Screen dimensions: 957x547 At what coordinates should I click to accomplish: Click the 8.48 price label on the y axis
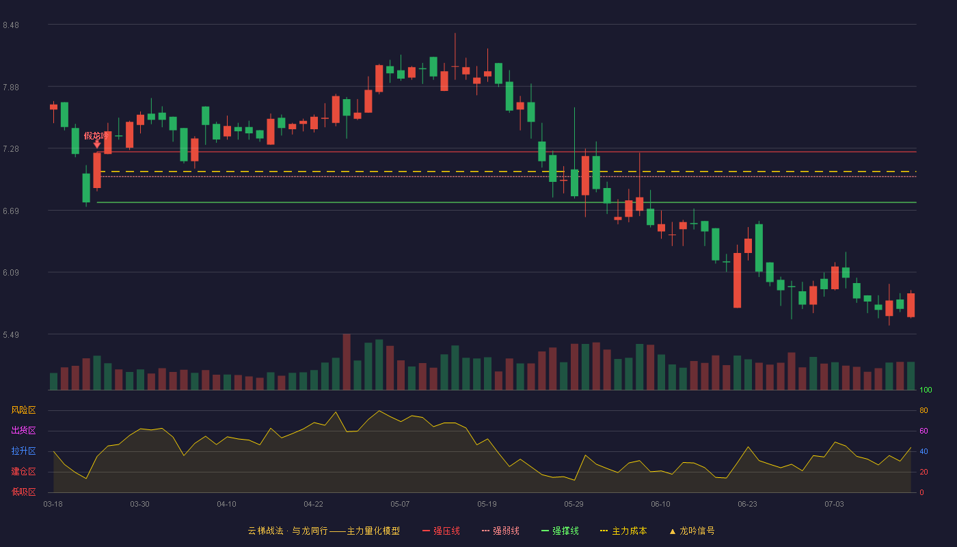point(11,25)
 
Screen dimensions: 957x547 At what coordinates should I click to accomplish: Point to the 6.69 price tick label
point(11,211)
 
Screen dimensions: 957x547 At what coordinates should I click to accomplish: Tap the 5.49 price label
point(11,334)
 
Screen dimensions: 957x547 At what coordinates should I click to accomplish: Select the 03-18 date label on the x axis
point(53,505)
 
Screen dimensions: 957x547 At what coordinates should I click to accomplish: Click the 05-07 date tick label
point(400,505)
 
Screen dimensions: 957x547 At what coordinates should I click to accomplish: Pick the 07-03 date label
point(834,505)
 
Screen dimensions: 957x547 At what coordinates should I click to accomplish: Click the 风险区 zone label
point(23,410)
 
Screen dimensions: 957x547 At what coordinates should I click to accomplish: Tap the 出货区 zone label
point(23,430)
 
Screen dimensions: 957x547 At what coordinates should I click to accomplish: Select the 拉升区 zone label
point(23,451)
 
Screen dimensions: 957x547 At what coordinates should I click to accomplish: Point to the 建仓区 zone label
point(23,471)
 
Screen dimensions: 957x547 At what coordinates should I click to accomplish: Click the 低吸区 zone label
point(23,492)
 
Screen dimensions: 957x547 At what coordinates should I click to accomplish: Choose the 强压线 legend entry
point(441,531)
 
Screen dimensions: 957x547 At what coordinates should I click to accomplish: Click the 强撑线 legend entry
point(560,531)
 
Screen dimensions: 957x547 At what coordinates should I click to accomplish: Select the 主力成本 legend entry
point(623,531)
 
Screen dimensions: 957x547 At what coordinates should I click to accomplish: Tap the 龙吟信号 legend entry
point(692,531)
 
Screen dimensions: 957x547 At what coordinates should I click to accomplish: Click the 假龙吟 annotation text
point(96,136)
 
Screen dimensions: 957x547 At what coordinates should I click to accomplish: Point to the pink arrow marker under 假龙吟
point(97,144)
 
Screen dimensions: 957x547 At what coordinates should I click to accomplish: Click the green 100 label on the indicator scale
point(926,390)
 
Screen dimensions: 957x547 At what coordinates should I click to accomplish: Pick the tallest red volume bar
point(347,362)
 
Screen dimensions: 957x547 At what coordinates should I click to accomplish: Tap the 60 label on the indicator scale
point(924,431)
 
